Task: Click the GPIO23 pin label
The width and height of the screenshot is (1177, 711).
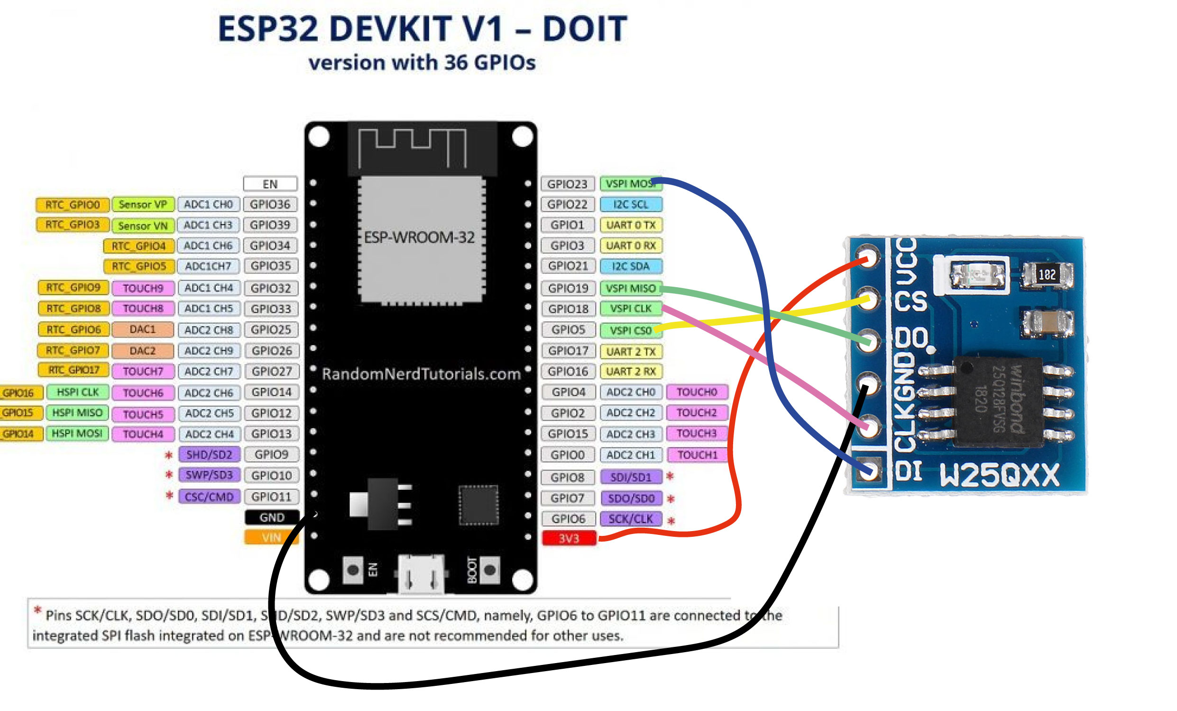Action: [567, 184]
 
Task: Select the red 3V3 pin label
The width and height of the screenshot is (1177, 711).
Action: [569, 538]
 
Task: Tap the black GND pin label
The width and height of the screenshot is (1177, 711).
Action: [272, 517]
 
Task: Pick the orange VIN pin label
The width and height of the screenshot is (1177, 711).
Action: [271, 537]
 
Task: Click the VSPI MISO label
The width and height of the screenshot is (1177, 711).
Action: [631, 288]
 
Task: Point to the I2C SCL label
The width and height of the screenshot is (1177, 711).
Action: [631, 205]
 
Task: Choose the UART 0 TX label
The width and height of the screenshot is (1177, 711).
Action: [631, 225]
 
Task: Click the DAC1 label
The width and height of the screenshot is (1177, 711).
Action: [142, 329]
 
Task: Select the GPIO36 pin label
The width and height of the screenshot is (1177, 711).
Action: [270, 205]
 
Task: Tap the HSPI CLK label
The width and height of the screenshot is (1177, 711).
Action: [77, 392]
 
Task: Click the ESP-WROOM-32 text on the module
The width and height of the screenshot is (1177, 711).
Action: [419, 238]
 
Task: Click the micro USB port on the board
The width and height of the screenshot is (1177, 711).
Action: [421, 574]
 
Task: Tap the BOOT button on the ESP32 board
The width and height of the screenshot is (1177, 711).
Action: [489, 570]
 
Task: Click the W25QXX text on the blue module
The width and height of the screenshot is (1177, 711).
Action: [999, 475]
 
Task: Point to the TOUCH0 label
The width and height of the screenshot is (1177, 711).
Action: [697, 392]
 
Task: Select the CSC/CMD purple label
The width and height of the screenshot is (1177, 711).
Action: [209, 497]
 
